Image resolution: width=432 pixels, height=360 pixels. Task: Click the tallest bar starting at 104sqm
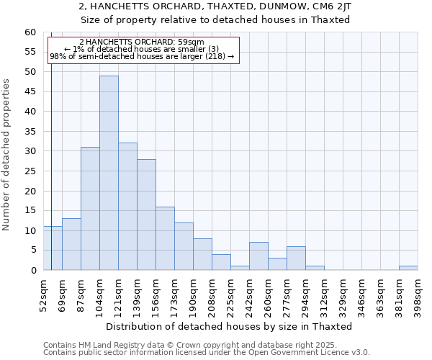[x=109, y=173]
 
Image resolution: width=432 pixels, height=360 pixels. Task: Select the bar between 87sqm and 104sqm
[x=90, y=209]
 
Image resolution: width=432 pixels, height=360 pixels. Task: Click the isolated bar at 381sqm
[x=408, y=268]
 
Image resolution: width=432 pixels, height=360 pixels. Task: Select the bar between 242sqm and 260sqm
[x=258, y=256]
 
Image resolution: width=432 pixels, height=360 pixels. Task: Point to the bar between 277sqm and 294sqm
[x=296, y=258]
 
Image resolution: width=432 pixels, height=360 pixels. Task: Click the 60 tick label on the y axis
[x=30, y=32]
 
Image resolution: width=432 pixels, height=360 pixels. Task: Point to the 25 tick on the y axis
[x=30, y=171]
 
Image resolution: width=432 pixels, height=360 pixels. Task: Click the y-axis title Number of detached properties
[x=7, y=155]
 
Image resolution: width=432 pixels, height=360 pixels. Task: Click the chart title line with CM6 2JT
[x=215, y=6]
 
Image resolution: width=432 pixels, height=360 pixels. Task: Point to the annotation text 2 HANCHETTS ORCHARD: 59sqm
[x=142, y=42]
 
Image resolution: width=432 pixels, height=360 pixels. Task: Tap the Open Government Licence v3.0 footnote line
[x=207, y=352]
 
